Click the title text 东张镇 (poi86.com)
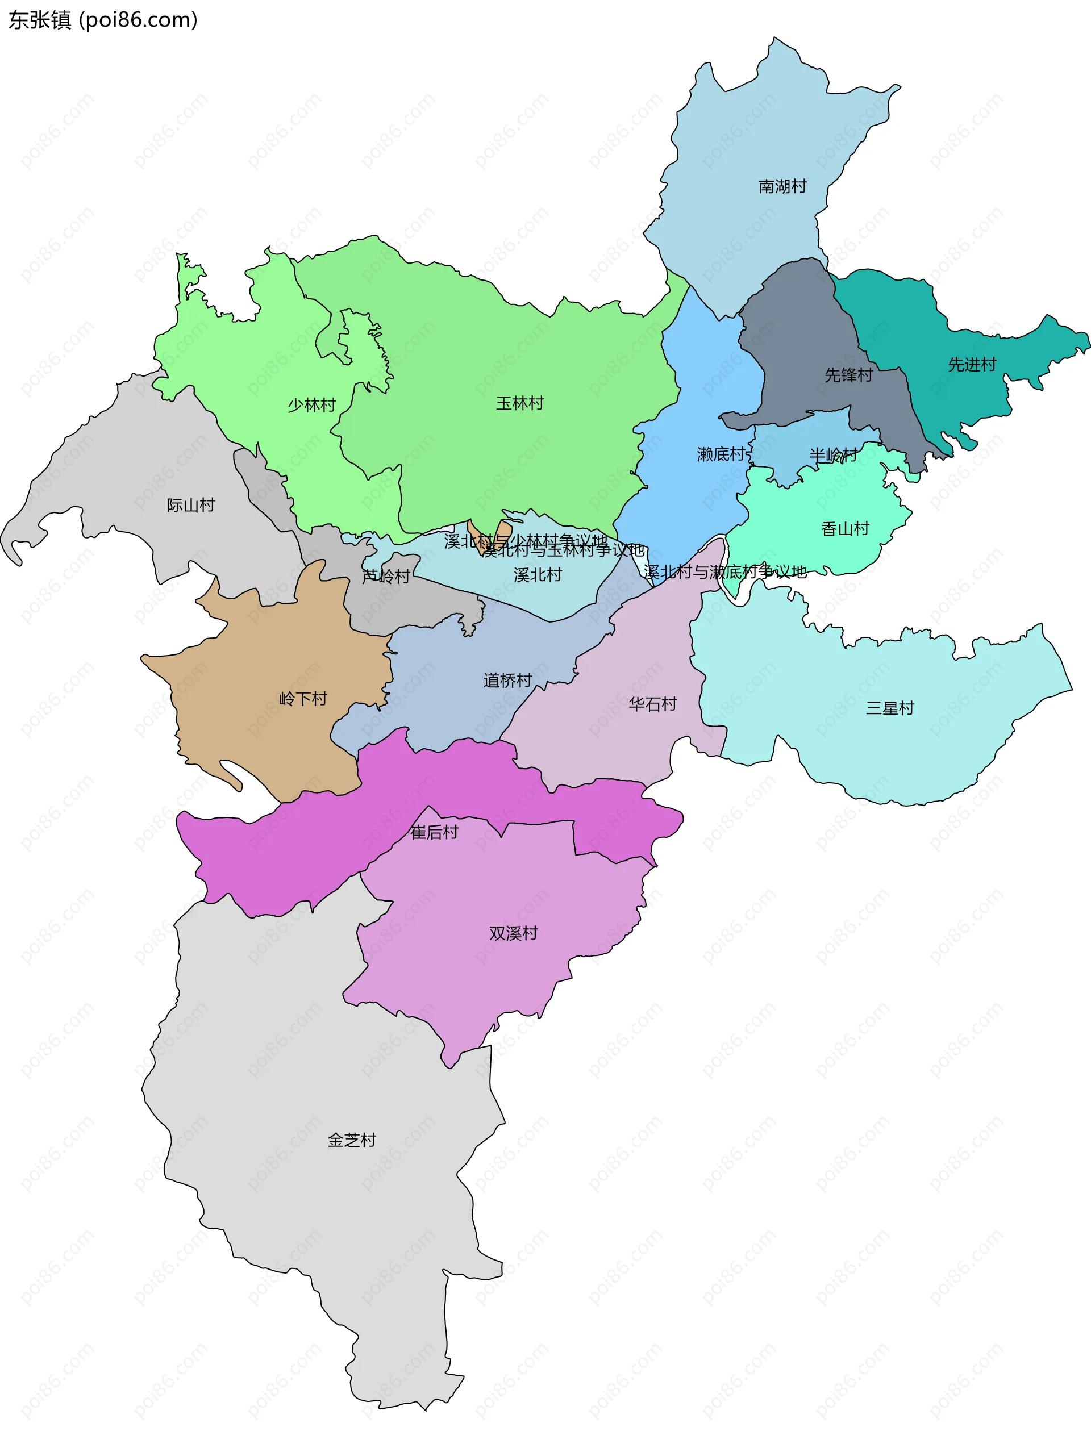click(103, 20)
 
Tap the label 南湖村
click(782, 186)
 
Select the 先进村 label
click(972, 365)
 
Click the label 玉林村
click(519, 403)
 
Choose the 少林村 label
click(312, 405)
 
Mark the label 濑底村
click(721, 454)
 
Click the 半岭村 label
click(833, 455)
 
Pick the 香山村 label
click(845, 529)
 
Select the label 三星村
click(889, 708)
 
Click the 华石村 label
click(652, 704)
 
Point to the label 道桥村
click(507, 681)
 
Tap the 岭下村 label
click(302, 699)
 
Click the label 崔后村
click(434, 833)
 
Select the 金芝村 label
click(352, 1140)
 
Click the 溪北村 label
click(538, 575)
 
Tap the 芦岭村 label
click(386, 577)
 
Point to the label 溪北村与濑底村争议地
click(725, 572)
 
